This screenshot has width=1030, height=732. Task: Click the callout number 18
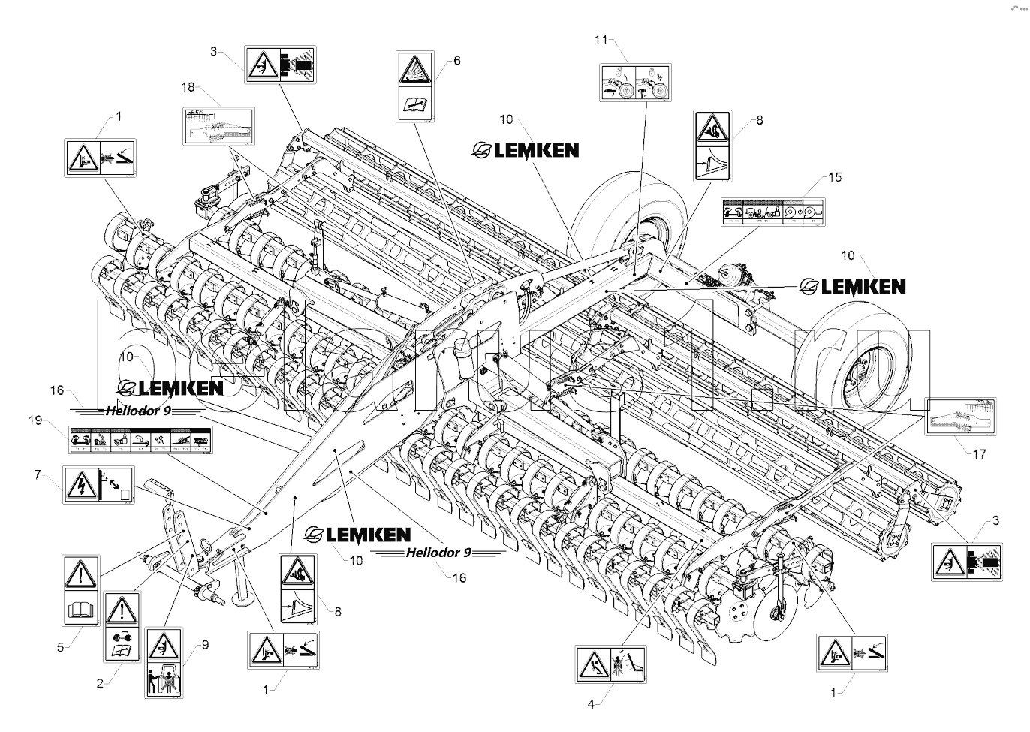[188, 88]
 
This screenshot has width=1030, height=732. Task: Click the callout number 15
[836, 178]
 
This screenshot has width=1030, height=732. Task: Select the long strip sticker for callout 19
[140, 441]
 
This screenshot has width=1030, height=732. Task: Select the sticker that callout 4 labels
[611, 664]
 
